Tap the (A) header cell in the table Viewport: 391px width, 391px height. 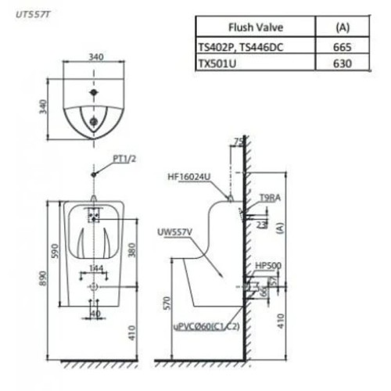point(342,26)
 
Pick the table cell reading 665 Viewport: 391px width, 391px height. point(342,46)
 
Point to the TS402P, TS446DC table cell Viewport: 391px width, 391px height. point(241,46)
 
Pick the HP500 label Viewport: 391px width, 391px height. point(268,265)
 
